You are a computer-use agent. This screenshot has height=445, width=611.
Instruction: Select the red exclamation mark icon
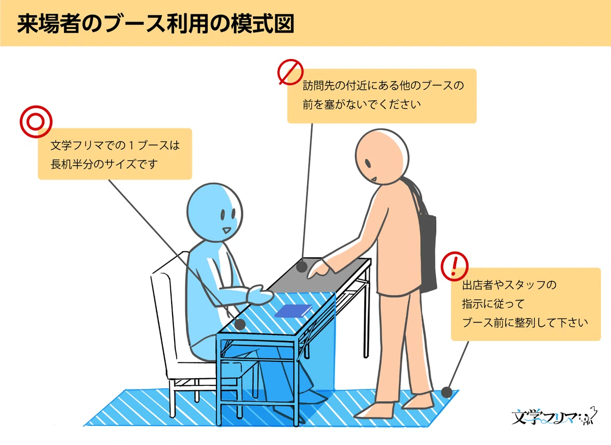454,266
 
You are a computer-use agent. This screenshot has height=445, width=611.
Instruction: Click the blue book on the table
293,310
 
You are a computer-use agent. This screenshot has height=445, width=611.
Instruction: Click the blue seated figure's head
215,212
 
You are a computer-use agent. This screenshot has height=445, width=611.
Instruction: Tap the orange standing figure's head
382,156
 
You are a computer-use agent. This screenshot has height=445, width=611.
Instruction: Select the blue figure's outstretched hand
259,295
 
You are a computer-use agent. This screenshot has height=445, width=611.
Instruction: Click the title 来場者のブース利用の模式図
156,24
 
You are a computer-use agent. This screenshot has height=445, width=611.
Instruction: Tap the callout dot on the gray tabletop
301,267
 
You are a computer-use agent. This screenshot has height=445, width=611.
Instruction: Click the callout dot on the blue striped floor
447,392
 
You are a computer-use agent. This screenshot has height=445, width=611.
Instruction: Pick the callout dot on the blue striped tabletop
240,324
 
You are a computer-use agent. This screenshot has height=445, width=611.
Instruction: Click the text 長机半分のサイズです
104,164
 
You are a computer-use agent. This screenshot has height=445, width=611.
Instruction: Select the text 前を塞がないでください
362,104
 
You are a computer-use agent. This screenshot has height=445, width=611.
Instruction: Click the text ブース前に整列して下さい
525,323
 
